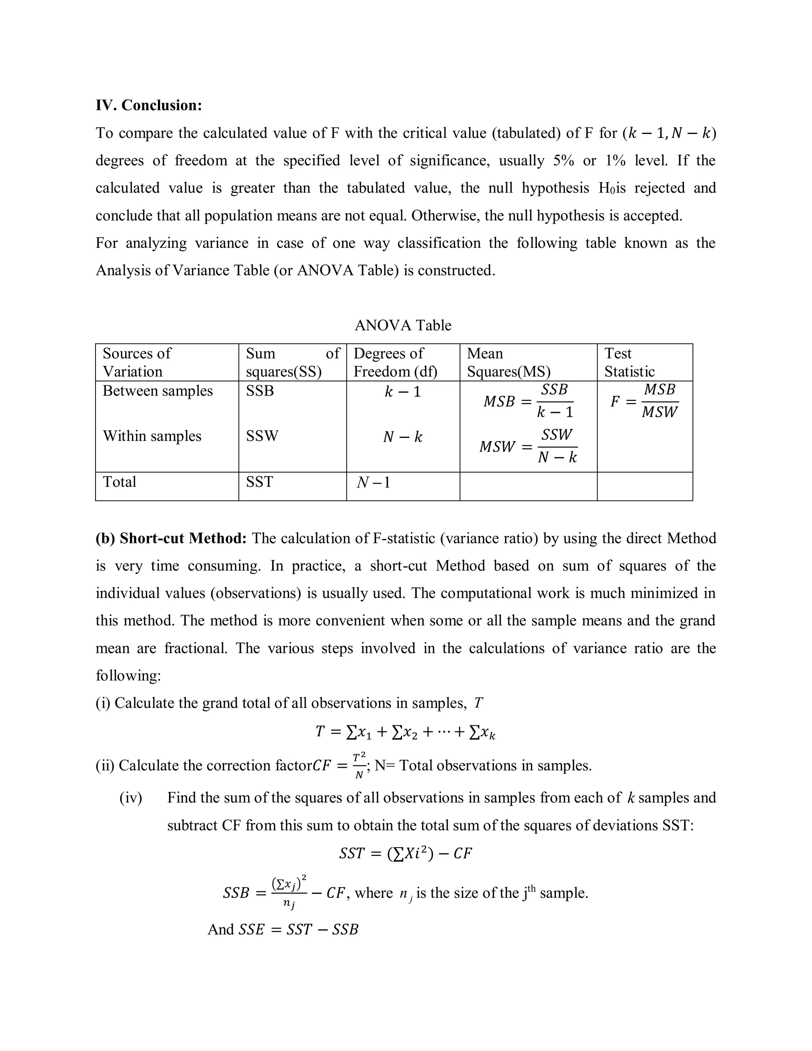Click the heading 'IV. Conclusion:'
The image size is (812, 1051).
point(149,105)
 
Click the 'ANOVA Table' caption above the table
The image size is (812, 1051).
point(403,326)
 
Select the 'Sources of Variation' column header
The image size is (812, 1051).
point(137,362)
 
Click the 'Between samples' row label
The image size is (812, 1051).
point(157,391)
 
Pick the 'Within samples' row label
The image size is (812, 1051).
point(152,436)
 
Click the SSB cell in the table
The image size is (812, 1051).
point(260,391)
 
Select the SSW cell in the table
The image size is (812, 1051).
point(262,436)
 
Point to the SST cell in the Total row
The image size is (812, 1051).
point(259,482)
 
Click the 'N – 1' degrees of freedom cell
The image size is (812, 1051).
point(373,482)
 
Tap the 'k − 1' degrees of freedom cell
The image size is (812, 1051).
point(403,392)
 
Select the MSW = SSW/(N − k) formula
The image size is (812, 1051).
point(528,446)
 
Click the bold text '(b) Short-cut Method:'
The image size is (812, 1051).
point(171,538)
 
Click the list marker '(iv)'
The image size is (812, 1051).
point(130,798)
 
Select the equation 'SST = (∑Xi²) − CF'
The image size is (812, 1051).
point(405,853)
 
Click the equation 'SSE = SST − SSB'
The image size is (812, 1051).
point(298,929)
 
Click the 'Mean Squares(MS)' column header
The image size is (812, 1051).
point(508,362)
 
